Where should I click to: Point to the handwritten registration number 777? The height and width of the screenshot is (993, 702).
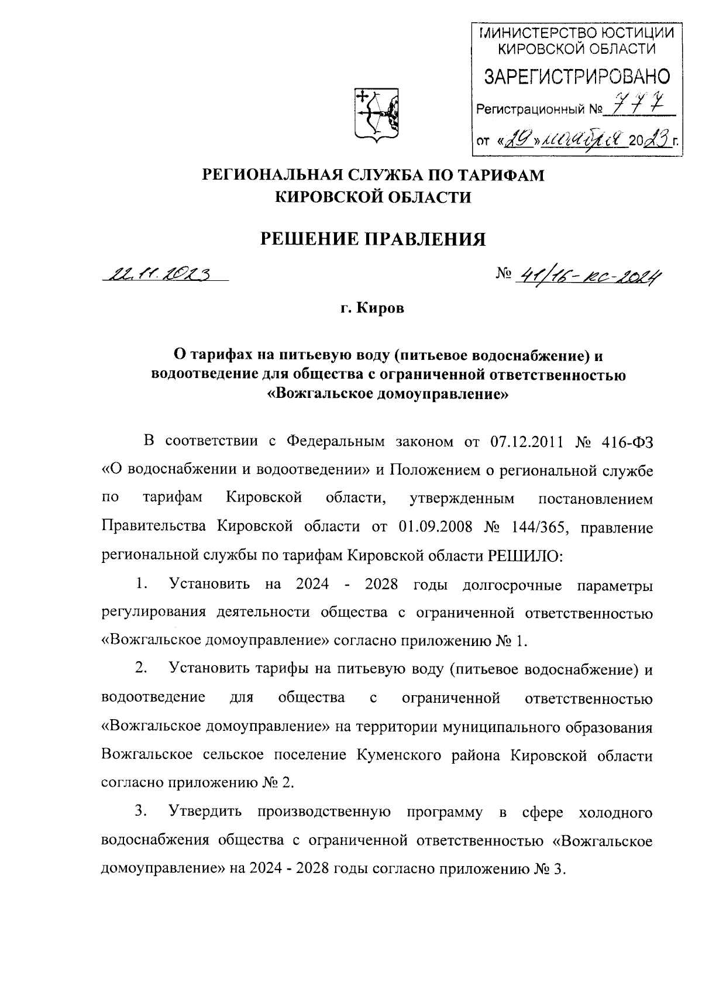click(x=636, y=107)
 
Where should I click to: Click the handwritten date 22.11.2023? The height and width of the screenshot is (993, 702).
click(x=159, y=274)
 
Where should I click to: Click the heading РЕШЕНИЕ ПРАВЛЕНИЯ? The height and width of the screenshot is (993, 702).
click(x=373, y=239)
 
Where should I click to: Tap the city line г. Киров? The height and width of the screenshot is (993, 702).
click(x=373, y=308)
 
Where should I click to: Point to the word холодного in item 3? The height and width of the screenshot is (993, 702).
click(x=615, y=812)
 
